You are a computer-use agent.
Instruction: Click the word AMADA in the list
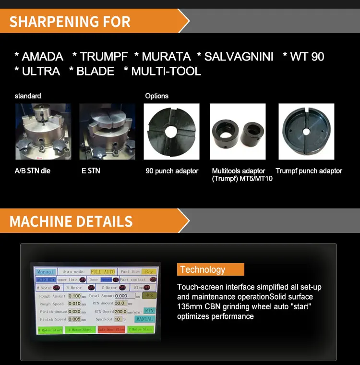42,57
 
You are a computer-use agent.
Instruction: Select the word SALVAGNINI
239,57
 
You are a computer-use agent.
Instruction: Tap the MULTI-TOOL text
166,72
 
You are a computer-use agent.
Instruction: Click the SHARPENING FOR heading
70,22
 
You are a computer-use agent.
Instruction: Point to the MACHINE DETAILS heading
71,221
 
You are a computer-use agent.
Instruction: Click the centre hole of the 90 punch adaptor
171,132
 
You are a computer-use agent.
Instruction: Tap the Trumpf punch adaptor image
306,132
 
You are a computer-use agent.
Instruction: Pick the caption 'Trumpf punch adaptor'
309,171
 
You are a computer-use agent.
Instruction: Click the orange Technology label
210,269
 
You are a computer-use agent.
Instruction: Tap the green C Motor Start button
140,329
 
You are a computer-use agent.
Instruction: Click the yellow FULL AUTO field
103,272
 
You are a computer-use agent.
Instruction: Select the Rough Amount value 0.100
74,296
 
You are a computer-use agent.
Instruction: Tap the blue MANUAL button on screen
144,319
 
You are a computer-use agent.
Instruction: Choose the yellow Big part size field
150,272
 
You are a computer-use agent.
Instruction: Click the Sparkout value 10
118,319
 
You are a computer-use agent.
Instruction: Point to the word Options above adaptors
157,96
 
